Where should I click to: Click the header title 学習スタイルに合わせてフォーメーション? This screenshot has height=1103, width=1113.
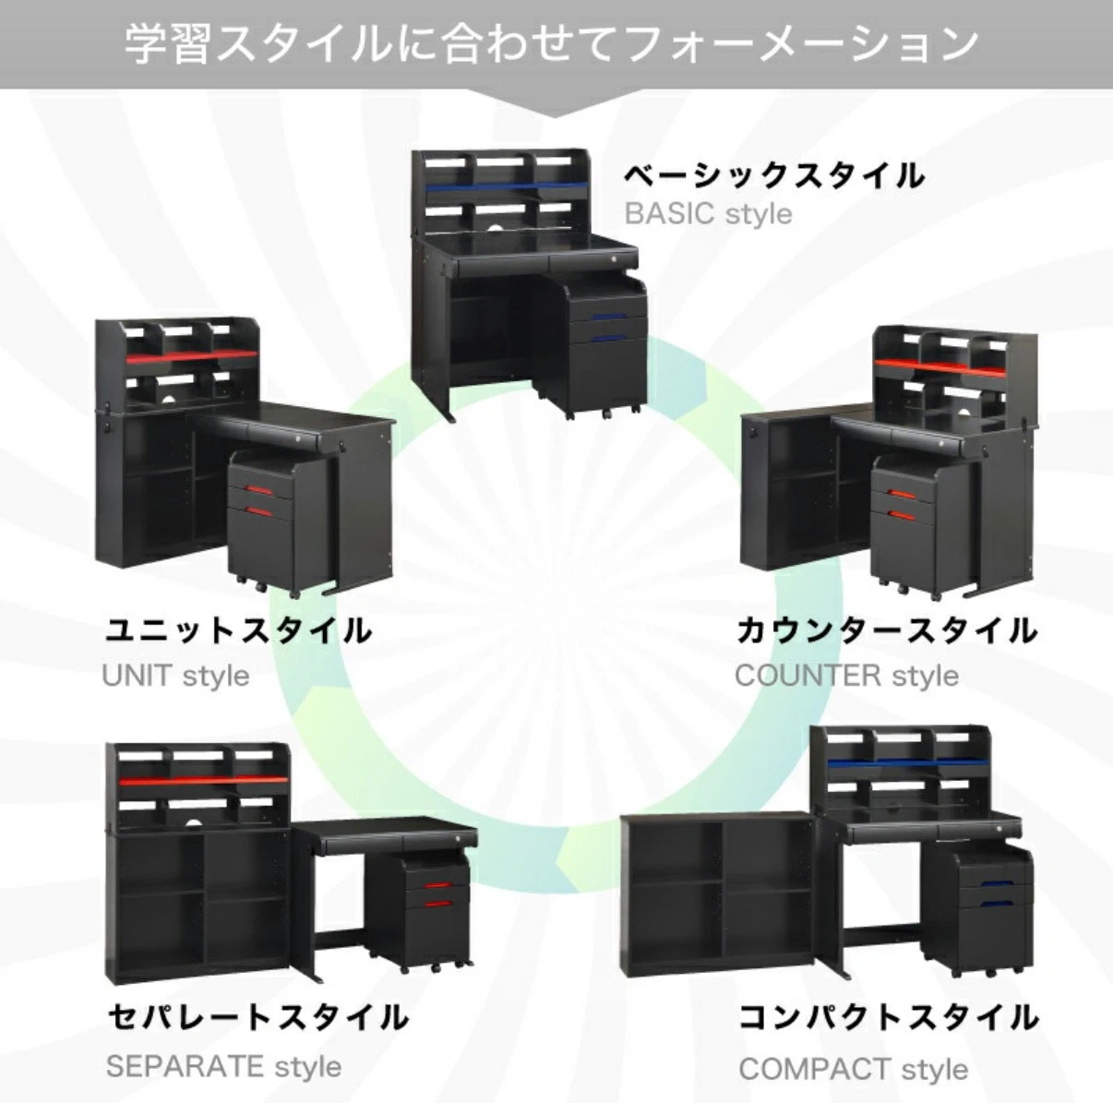[x=552, y=45]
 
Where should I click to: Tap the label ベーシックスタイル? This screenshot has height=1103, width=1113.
[x=774, y=175]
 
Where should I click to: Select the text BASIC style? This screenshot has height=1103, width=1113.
[x=708, y=214]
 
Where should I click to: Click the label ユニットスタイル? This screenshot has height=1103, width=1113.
[x=238, y=630]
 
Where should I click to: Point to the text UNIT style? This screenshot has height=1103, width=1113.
[x=175, y=676]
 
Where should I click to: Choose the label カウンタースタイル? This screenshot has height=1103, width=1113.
[x=887, y=630]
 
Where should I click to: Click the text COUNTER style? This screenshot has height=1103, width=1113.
[x=846, y=676]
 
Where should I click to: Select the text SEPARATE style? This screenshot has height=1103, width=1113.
[x=224, y=1066]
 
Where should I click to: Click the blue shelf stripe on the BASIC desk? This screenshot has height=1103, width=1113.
[x=507, y=187]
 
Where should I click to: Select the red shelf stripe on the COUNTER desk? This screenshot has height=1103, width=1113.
[x=940, y=367]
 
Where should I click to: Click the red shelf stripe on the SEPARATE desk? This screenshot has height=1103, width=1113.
[x=203, y=781]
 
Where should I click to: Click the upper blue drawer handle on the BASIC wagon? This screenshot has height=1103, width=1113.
[x=609, y=317]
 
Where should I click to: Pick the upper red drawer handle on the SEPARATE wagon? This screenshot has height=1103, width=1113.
[x=439, y=886]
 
